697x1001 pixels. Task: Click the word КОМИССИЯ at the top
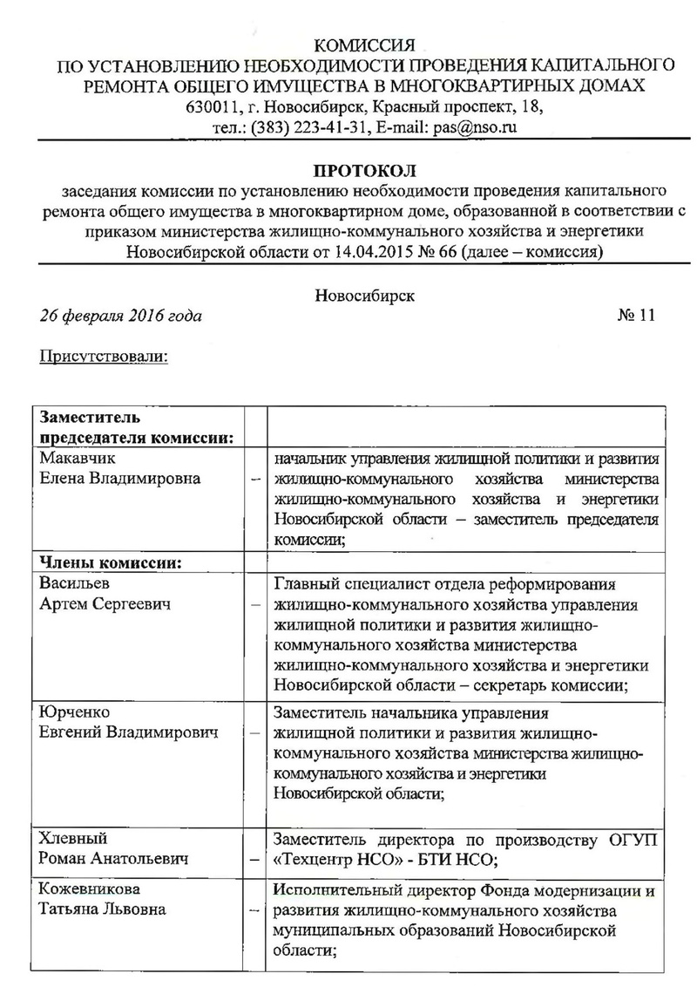(x=366, y=44)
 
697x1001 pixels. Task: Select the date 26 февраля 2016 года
(x=121, y=316)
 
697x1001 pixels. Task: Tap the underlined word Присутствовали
(x=104, y=357)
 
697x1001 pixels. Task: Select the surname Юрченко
(x=73, y=712)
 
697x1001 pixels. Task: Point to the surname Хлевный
(x=73, y=839)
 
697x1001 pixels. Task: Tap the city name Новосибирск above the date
(x=365, y=294)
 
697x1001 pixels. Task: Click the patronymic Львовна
(x=139, y=910)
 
